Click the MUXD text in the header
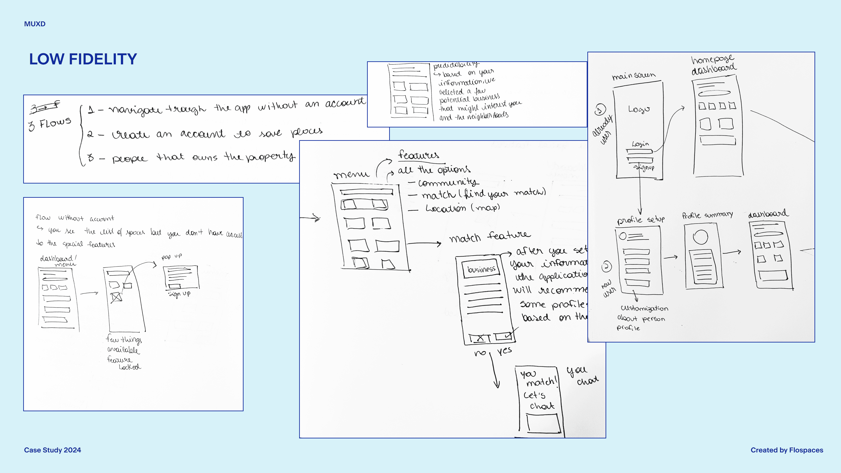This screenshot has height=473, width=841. pyautogui.click(x=35, y=24)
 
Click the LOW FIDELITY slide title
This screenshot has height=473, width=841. pyautogui.click(x=83, y=59)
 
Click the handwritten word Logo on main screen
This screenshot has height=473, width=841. pyautogui.click(x=639, y=109)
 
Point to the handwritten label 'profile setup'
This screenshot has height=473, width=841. pyautogui.click(x=641, y=219)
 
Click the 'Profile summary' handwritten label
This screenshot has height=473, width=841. pyautogui.click(x=707, y=215)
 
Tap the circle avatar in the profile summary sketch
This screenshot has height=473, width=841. pyautogui.click(x=701, y=237)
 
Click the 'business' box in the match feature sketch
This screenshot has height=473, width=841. pyautogui.click(x=481, y=269)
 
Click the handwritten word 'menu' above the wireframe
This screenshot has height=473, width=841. pyautogui.click(x=351, y=175)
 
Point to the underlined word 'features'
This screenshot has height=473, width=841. pyautogui.click(x=419, y=155)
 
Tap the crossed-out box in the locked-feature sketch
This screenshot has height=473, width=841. pyautogui.click(x=116, y=297)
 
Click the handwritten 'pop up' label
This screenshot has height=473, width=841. pyautogui.click(x=172, y=257)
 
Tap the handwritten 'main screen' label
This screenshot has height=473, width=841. pyautogui.click(x=633, y=76)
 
